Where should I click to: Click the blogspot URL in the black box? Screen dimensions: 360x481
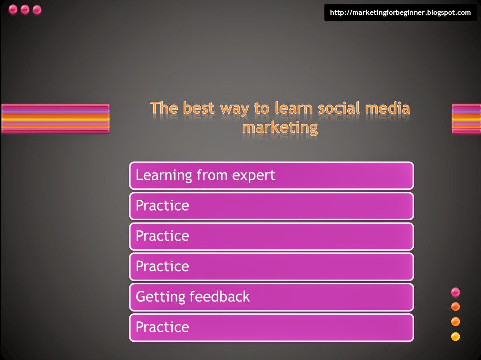point(400,12)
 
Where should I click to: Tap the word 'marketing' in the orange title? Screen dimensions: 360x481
point(280,127)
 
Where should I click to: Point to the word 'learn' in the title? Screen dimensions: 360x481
point(295,108)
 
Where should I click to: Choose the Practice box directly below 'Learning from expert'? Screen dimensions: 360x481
point(271,206)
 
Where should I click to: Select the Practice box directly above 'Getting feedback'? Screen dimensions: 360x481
point(271,266)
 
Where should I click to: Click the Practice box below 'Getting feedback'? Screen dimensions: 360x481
point(271,327)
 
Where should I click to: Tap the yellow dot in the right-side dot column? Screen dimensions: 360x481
point(455,336)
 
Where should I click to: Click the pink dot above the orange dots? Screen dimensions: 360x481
point(455,292)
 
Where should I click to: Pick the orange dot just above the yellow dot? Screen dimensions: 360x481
point(455,322)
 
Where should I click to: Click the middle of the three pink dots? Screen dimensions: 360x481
point(25,10)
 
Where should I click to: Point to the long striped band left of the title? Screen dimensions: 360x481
point(55,118)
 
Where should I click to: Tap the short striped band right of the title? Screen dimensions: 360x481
point(466,118)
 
